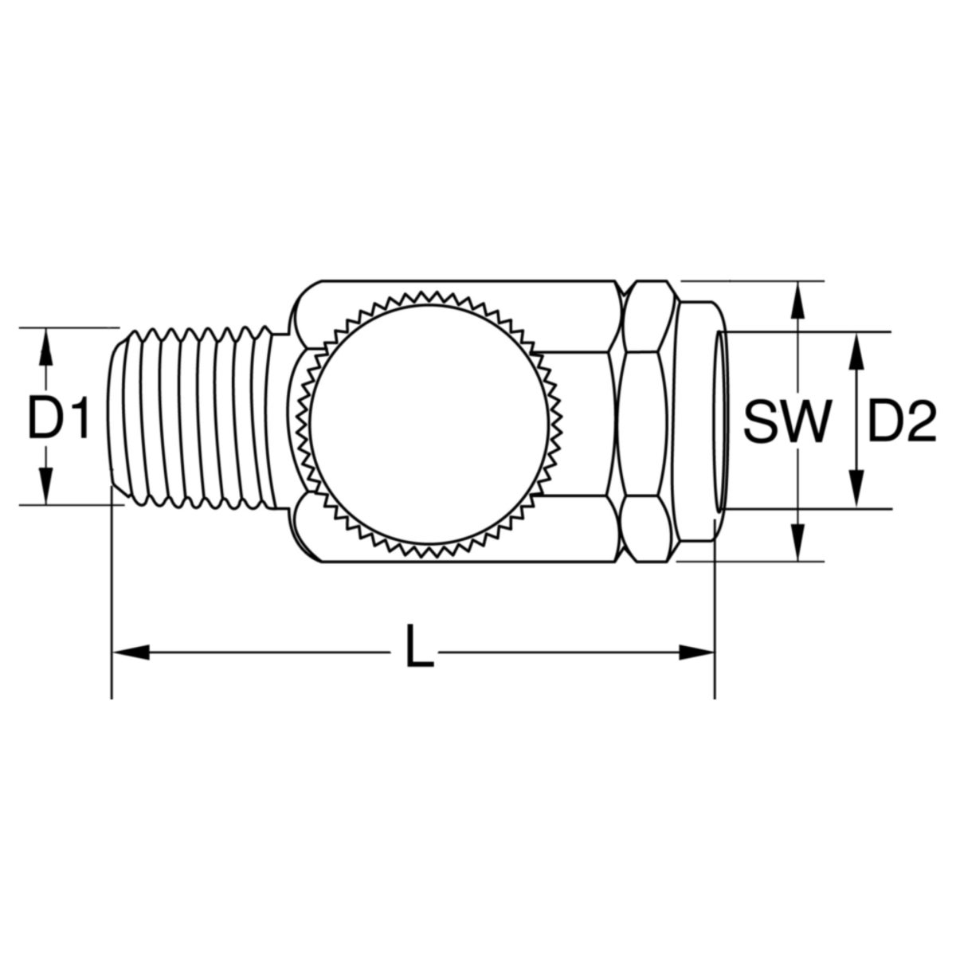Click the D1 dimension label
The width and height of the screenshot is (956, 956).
click(x=57, y=419)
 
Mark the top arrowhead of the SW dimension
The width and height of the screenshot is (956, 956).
click(x=797, y=300)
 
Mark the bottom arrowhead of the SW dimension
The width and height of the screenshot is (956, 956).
click(x=797, y=541)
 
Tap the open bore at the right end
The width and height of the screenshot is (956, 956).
click(x=722, y=420)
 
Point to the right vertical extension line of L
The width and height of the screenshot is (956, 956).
click(x=715, y=605)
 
